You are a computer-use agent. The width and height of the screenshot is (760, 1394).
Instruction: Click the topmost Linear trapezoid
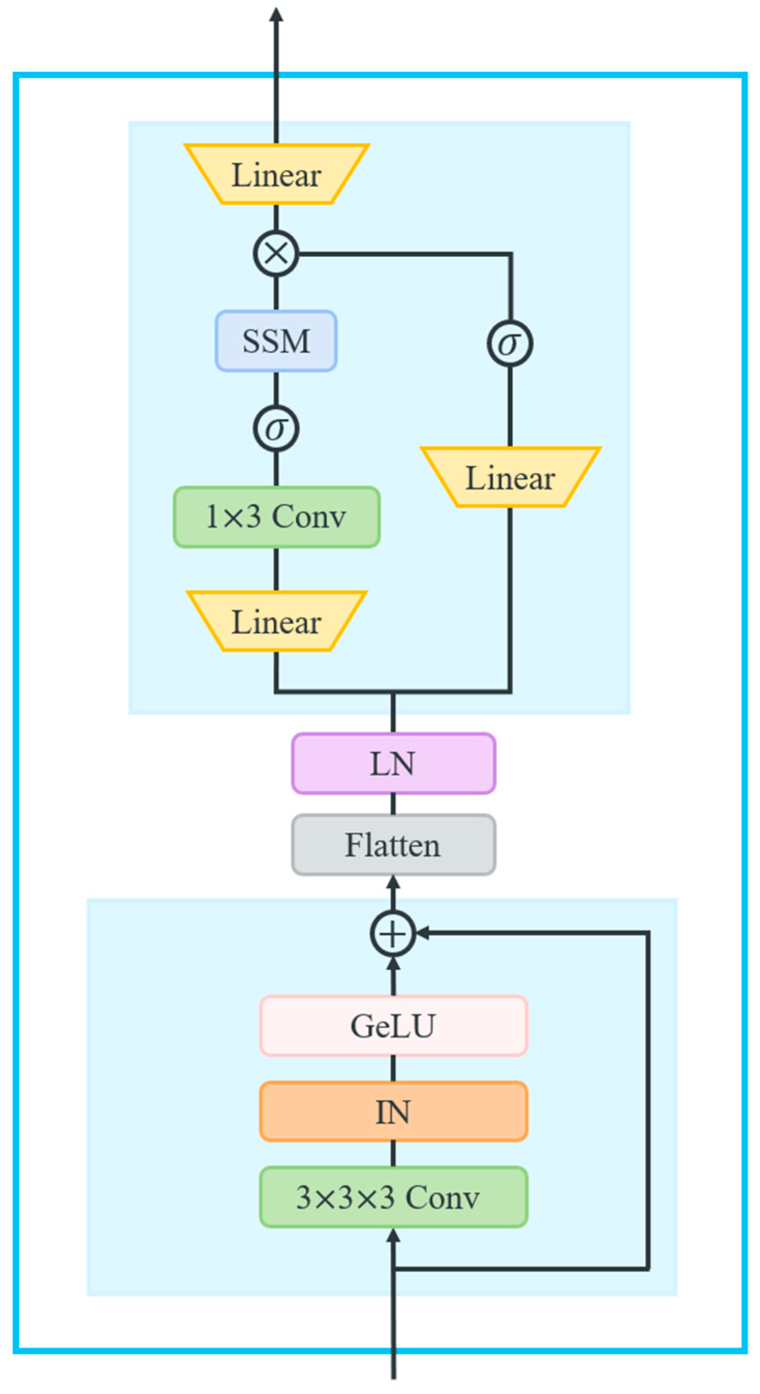pyautogui.click(x=276, y=174)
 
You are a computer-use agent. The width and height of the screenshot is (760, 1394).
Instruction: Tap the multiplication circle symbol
pyautogui.click(x=276, y=253)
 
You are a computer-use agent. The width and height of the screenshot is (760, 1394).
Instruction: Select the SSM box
pyautogui.click(x=276, y=341)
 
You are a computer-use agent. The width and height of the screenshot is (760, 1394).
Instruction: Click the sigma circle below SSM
pyautogui.click(x=276, y=429)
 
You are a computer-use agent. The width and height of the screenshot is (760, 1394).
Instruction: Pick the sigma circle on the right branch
pyautogui.click(x=510, y=343)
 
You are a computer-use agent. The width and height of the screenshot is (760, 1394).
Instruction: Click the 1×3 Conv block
pyautogui.click(x=276, y=516)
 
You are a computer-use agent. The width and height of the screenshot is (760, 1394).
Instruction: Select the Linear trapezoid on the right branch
pyautogui.click(x=510, y=477)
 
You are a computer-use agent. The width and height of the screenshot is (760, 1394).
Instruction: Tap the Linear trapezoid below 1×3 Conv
pyautogui.click(x=276, y=621)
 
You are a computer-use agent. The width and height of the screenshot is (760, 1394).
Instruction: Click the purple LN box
pyautogui.click(x=393, y=763)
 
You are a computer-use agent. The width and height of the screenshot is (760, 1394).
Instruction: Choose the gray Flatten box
pyautogui.click(x=393, y=845)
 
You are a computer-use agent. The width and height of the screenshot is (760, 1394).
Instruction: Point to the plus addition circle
pyautogui.click(x=393, y=934)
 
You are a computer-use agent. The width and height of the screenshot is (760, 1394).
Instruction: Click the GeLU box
pyautogui.click(x=393, y=1026)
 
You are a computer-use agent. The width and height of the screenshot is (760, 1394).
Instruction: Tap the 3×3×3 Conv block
pyautogui.click(x=393, y=1197)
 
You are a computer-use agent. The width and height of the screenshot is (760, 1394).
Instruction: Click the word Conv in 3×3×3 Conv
pyautogui.click(x=442, y=1198)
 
